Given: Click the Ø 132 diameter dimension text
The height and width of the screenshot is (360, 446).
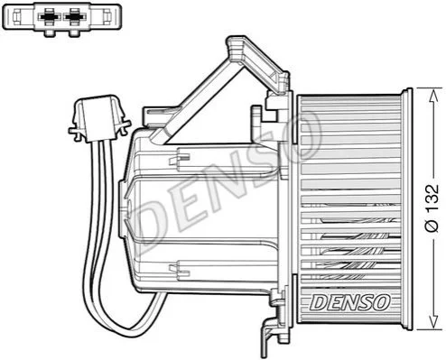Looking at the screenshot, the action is click(432, 208).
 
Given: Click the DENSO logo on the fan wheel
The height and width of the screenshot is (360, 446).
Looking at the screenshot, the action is click(350, 302).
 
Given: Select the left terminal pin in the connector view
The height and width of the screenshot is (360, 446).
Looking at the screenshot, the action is click(49, 16).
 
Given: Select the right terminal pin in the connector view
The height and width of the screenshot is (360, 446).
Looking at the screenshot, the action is click(73, 16).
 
